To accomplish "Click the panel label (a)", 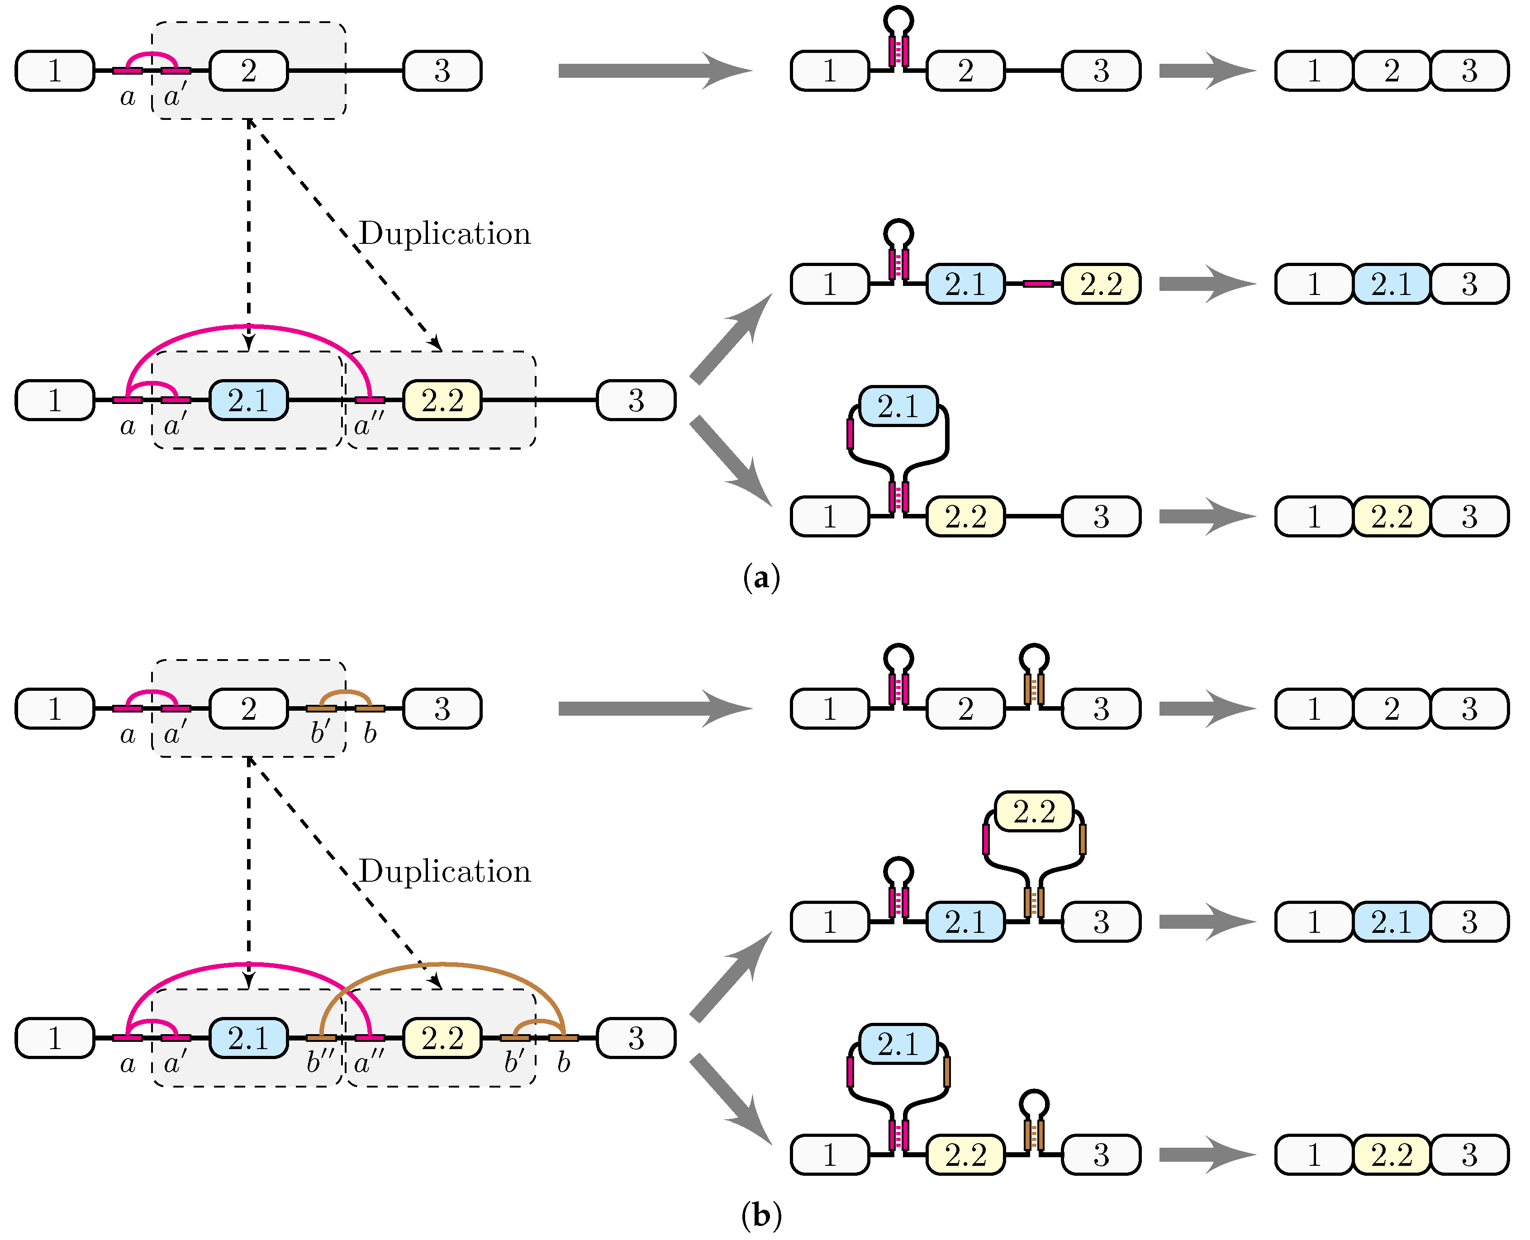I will (761, 576).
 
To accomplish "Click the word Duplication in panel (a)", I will (445, 233).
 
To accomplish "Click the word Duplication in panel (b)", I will (445, 871).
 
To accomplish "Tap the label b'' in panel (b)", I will (320, 1063).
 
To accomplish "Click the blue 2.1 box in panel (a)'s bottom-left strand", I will (248, 400).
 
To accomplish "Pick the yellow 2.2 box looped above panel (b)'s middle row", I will (1034, 812).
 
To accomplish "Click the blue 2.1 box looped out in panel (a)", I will (898, 406).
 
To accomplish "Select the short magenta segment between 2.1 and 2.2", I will (1037, 284).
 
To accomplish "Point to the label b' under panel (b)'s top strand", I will (320, 733).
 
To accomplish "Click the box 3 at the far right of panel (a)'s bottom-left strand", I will (636, 400).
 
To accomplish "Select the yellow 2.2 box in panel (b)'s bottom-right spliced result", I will (1392, 1155).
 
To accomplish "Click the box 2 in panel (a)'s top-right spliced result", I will (1392, 71).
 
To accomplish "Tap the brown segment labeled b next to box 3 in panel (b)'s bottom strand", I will (563, 1038).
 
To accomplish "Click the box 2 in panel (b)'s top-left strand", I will (248, 708).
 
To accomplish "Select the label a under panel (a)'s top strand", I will (127, 96).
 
